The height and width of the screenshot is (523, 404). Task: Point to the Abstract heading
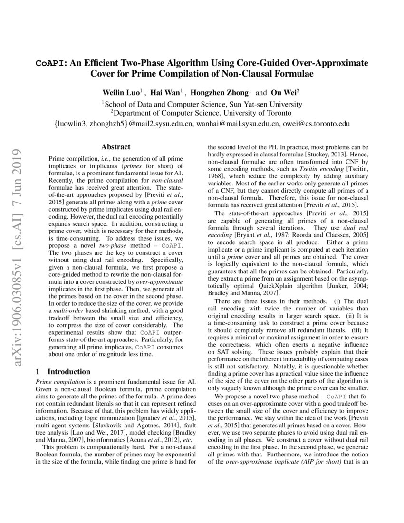pos(115,147)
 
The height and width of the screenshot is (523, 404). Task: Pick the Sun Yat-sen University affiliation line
pos(202,104)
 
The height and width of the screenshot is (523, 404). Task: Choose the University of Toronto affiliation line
pos(202,114)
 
